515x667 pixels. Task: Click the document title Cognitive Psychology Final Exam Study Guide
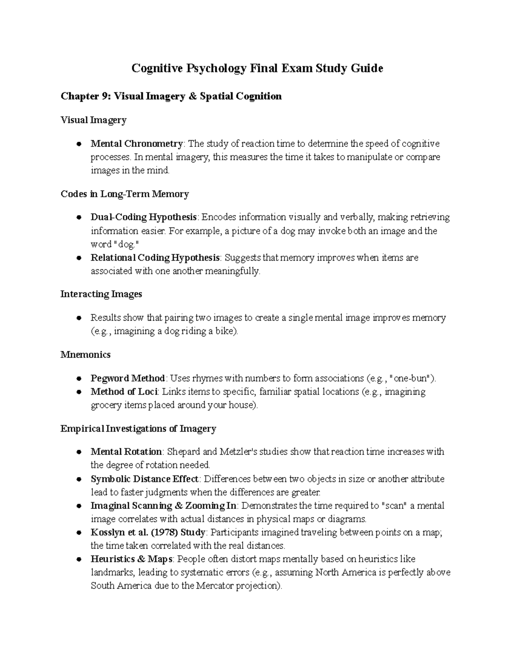257,68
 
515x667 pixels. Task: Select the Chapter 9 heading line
171,96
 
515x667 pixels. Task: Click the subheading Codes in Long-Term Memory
124,194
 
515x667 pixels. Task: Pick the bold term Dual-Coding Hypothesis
144,217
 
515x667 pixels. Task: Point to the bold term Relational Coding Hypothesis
155,258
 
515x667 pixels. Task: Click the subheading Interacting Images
101,294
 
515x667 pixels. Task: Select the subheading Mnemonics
85,355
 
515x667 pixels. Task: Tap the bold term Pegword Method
127,378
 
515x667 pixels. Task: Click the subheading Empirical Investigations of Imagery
138,429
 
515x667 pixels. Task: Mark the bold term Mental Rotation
126,452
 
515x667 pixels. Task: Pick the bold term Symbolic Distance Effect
144,479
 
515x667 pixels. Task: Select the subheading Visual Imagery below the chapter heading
93,120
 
